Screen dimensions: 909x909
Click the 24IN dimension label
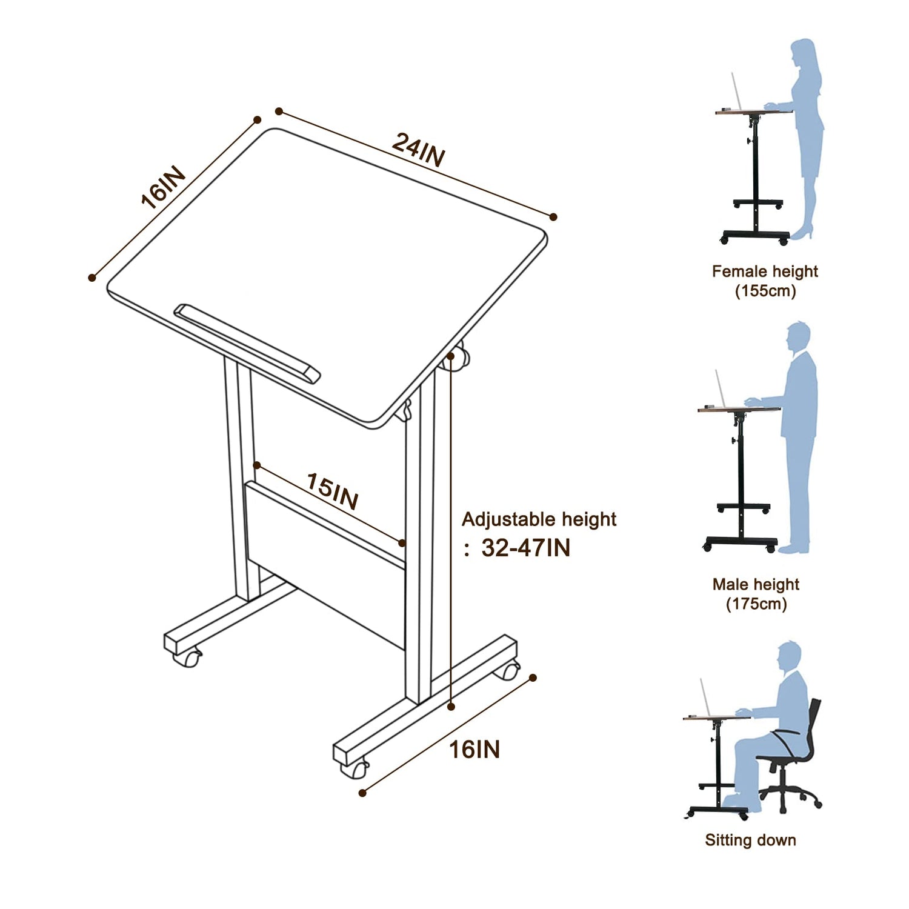pyautogui.click(x=419, y=150)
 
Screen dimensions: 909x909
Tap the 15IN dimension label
pyautogui.click(x=332, y=491)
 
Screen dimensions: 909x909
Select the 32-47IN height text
pyautogui.click(x=525, y=548)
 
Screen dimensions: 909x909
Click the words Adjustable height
pyautogui.click(x=539, y=519)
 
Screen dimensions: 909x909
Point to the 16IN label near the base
pyautogui.click(x=474, y=750)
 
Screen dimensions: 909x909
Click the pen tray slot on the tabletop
pyautogui.click(x=247, y=343)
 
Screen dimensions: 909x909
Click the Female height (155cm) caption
pyautogui.click(x=765, y=281)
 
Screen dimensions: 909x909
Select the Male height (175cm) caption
pyautogui.click(x=756, y=594)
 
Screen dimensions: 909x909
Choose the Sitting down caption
pyautogui.click(x=750, y=840)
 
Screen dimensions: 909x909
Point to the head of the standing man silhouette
pyautogui.click(x=799, y=337)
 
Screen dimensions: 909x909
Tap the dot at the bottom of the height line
pyautogui.click(x=451, y=706)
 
